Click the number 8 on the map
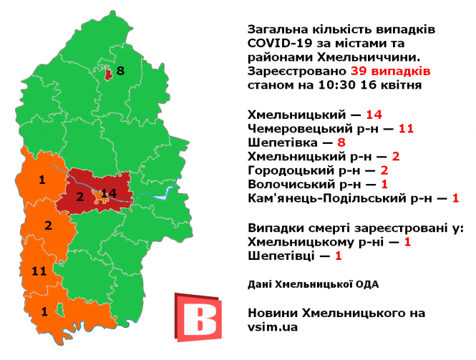pyautogui.click(x=120, y=71)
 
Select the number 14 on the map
pyautogui.click(x=109, y=193)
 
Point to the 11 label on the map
pyautogui.click(x=39, y=271)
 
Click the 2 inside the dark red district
pyautogui.click(x=79, y=196)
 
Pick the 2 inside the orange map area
pyautogui.click(x=49, y=226)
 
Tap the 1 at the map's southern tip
pyautogui.click(x=44, y=311)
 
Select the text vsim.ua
pyautogui.click(x=272, y=326)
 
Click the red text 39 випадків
pyautogui.click(x=390, y=72)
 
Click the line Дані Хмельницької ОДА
pyautogui.click(x=313, y=284)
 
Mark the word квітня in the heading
pyautogui.click(x=401, y=85)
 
